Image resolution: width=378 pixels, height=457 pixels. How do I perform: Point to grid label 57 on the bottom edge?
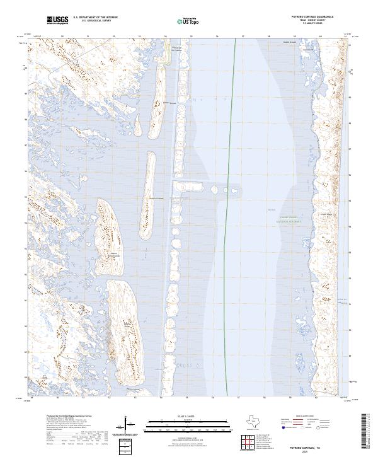[239, 398]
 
